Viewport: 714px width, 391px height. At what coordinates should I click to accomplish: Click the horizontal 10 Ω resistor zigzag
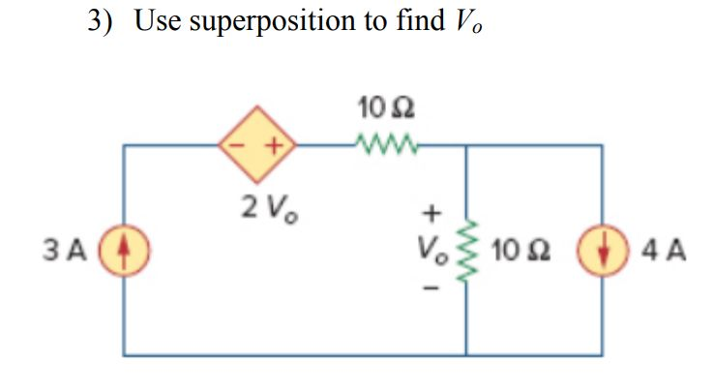pos(385,146)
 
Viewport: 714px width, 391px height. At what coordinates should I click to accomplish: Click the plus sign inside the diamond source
pos(275,148)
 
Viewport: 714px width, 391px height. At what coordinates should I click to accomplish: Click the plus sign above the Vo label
pos(432,209)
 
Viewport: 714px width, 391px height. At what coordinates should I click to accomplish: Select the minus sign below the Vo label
pos(432,287)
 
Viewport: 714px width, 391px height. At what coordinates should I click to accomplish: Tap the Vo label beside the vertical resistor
pos(432,251)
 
